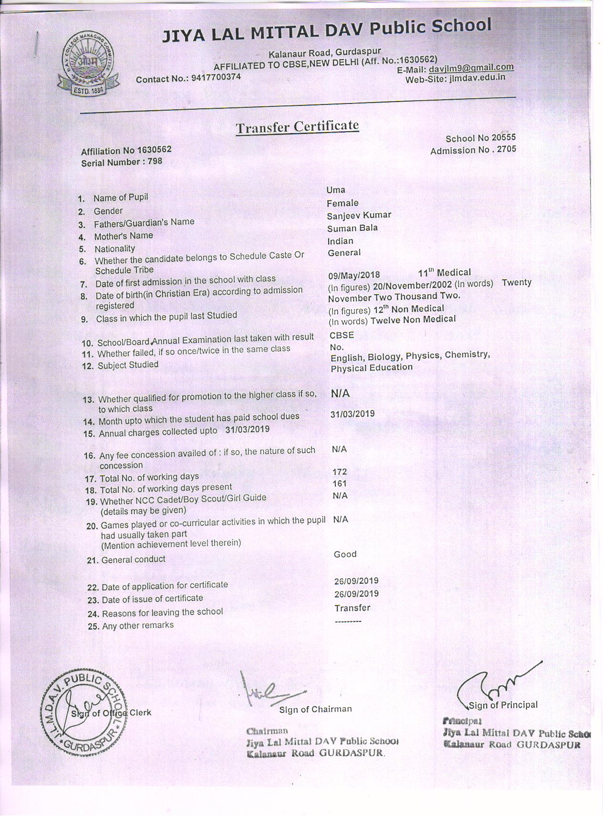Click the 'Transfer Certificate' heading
[297, 127]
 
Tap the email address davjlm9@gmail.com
[471, 68]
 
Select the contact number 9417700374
[216, 77]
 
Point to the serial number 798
[155, 161]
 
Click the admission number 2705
[506, 149]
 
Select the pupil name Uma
[336, 190]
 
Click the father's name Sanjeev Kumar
[359, 215]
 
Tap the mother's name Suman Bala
[352, 228]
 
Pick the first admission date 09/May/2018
[354, 275]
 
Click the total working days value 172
[339, 472]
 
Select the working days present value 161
[339, 484]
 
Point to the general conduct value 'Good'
[345, 554]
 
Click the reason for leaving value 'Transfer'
[352, 608]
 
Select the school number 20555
[504, 137]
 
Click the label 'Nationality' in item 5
[114, 249]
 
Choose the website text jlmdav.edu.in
[477, 78]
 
